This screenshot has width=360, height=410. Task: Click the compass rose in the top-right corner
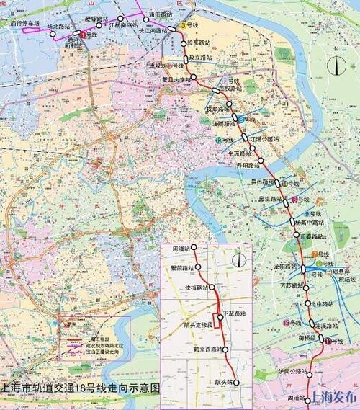(x=336, y=66)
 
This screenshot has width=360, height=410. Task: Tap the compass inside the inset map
(x=240, y=259)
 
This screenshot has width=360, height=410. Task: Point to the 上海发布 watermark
(x=333, y=398)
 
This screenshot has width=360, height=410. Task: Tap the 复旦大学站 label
(x=176, y=79)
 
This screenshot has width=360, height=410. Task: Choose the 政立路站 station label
(x=199, y=56)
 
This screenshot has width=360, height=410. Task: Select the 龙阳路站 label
(x=286, y=266)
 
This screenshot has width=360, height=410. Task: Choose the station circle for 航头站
(x=235, y=383)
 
